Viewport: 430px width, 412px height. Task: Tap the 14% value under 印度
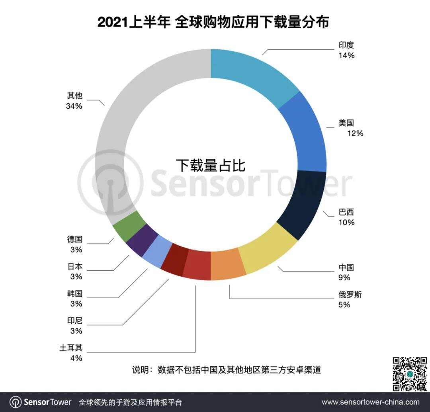(346, 56)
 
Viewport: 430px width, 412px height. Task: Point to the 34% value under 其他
(74, 106)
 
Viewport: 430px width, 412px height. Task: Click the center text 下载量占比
(211, 165)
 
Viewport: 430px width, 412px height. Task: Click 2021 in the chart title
(112, 23)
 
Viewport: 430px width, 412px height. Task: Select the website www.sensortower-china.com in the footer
(370, 402)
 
